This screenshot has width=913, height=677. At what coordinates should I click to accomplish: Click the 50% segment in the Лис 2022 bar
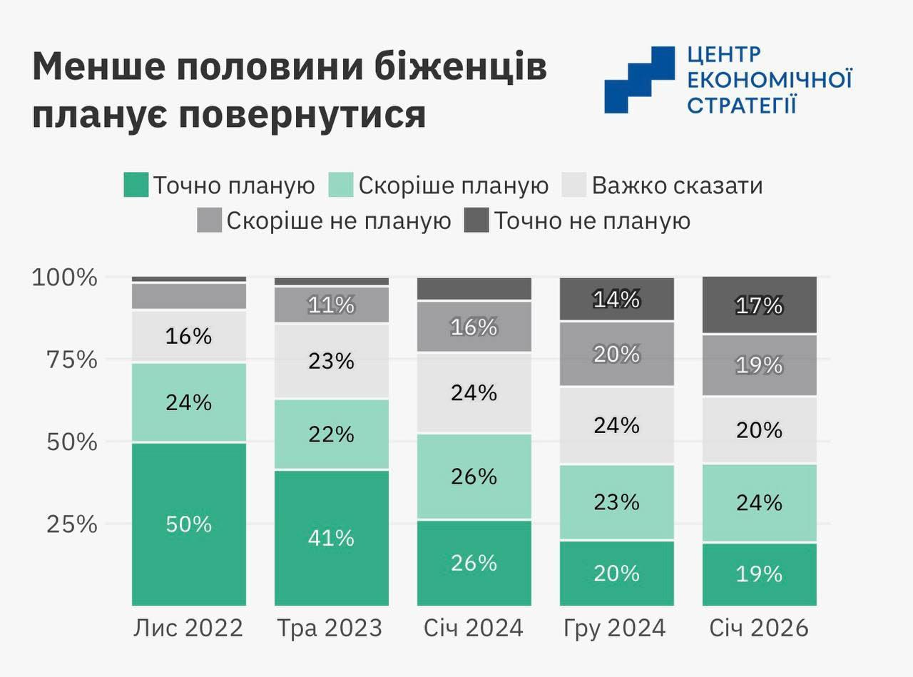(189, 524)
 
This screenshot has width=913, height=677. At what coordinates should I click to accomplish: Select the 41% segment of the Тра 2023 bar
(332, 537)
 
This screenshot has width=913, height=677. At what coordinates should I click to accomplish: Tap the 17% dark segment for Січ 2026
(760, 305)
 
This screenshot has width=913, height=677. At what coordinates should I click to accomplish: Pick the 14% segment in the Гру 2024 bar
(617, 299)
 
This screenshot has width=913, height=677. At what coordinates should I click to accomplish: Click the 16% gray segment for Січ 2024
(474, 327)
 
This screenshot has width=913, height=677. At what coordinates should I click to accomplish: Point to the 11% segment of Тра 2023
(332, 305)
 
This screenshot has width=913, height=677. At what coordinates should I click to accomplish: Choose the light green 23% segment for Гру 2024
(617, 502)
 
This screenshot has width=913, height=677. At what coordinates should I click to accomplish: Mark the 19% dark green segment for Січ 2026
(760, 574)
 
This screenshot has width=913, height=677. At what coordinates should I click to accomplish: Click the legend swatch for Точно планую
(136, 185)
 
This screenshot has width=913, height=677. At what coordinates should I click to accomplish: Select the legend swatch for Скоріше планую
(340, 185)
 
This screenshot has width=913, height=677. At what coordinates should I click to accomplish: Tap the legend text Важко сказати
(677, 185)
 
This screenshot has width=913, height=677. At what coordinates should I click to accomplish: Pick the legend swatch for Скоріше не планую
(210, 220)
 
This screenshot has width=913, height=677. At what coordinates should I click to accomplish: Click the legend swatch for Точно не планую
(476, 220)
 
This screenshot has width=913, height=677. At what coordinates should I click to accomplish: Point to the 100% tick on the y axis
(64, 277)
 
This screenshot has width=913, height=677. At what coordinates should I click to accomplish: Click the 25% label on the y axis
(71, 524)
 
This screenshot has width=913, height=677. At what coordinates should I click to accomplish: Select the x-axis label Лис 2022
(188, 628)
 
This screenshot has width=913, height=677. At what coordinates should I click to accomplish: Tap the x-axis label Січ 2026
(759, 628)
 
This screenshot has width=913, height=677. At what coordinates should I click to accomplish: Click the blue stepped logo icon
(639, 79)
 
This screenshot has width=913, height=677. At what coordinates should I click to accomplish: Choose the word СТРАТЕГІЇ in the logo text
(741, 104)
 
